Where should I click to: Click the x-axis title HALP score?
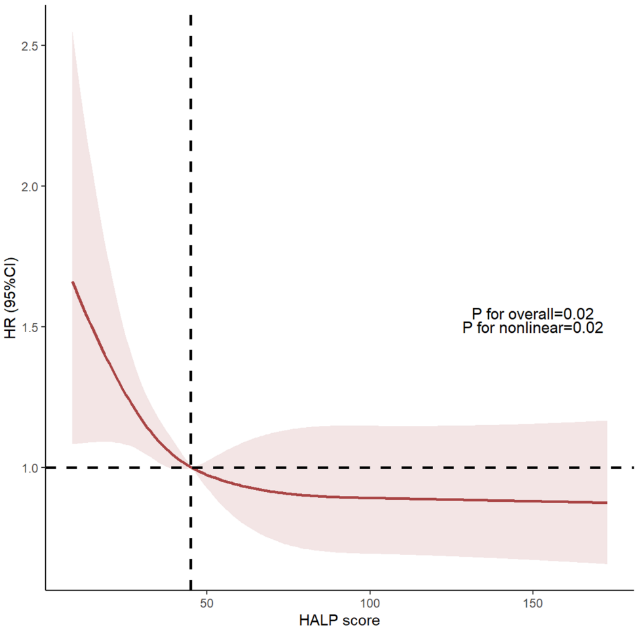point(339,618)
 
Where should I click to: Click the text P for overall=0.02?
point(532,314)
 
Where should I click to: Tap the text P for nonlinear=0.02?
point(532,328)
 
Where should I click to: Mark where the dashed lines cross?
point(191,467)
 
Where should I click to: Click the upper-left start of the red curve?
point(72,282)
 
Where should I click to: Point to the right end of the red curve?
point(607,503)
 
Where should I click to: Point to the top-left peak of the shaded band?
point(72,31)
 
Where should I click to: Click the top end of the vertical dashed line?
point(191,14)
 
